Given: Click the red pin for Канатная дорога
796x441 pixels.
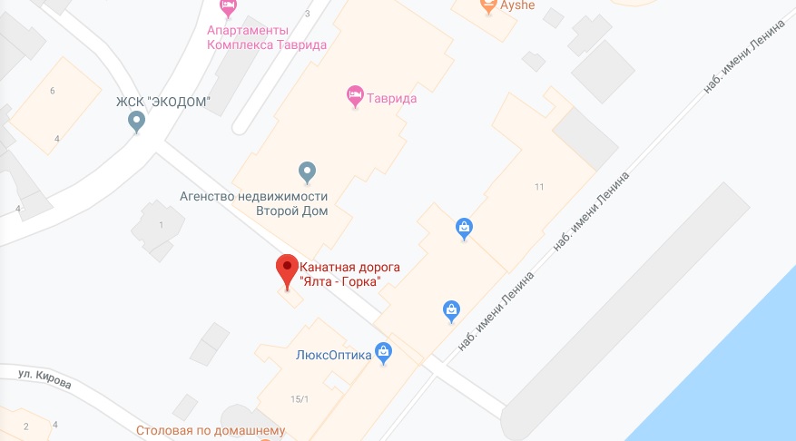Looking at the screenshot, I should point(287,269).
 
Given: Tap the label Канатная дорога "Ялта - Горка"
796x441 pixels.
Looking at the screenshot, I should point(349,275).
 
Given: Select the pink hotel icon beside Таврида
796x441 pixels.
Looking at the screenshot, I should point(355,93).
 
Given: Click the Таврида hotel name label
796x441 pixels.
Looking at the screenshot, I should point(392,99).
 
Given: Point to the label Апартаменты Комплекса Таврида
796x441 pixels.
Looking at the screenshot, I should point(267,35).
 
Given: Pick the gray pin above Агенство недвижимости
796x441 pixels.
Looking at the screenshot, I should point(307,171).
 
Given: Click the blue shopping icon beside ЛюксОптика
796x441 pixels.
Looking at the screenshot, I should point(383,351).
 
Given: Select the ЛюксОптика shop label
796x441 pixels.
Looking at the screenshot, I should point(334,356).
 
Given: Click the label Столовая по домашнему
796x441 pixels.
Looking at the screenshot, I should point(211,431).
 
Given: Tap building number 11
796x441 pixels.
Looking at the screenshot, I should point(539,187).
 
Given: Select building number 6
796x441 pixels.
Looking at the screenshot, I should point(53,91).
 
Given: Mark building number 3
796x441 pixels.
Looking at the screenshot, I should point(308,14).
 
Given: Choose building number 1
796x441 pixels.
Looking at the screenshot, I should point(162,224).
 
